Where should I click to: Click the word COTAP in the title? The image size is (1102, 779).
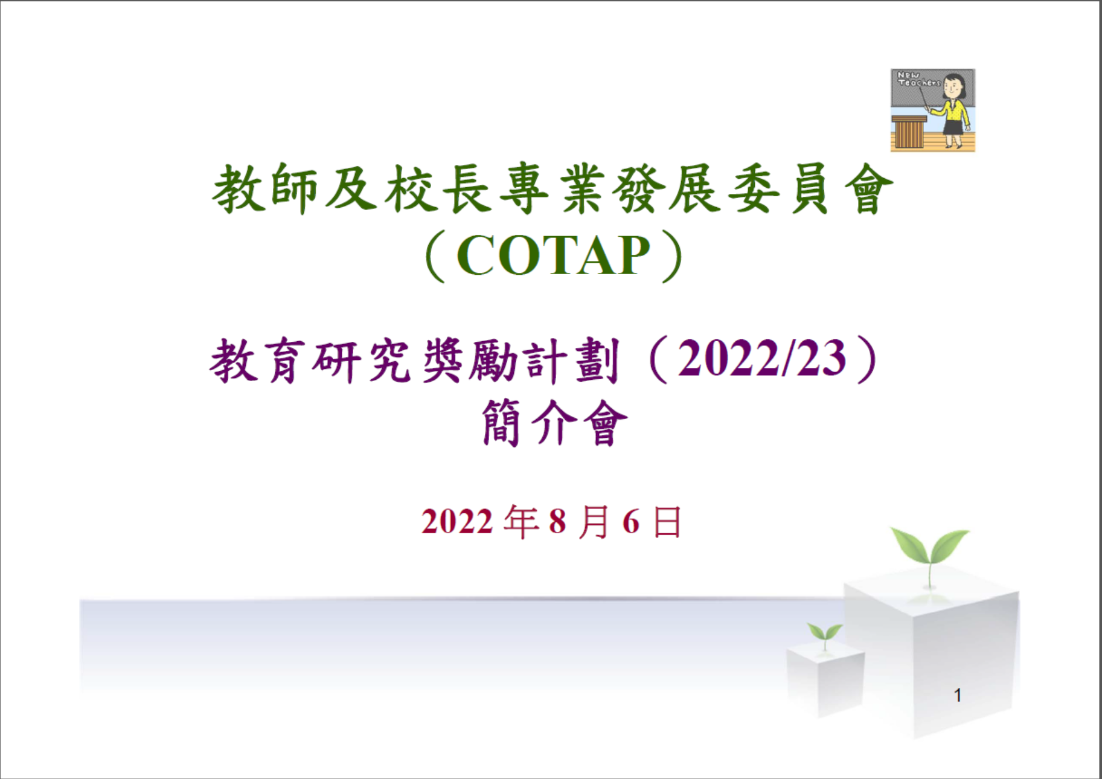pyautogui.click(x=553, y=256)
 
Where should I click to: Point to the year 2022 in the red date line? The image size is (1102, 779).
pyautogui.click(x=457, y=522)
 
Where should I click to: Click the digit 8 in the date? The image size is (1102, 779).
pyautogui.click(x=557, y=522)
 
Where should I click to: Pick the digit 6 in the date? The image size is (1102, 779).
pyautogui.click(x=631, y=522)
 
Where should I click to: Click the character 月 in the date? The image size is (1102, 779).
pyautogui.click(x=594, y=522)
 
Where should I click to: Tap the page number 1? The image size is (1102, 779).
pyautogui.click(x=958, y=696)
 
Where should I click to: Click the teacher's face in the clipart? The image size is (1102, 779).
pyautogui.click(x=953, y=88)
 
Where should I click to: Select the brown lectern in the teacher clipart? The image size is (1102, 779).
pyautogui.click(x=908, y=132)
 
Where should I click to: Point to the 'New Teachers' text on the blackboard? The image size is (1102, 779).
pyautogui.click(x=918, y=79)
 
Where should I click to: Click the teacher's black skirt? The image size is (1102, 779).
pyautogui.click(x=953, y=127)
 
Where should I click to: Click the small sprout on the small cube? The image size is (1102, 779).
pyautogui.click(x=825, y=634)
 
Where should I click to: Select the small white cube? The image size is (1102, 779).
pyautogui.click(x=825, y=679)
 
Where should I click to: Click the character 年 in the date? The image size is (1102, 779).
pyautogui.click(x=521, y=522)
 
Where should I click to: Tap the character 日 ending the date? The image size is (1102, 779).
pyautogui.click(x=667, y=522)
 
